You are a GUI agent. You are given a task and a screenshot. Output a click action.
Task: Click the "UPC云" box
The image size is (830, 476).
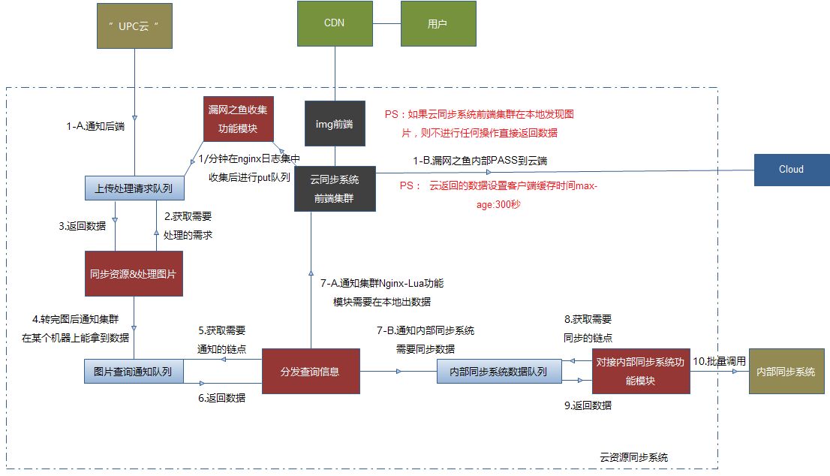pyautogui.click(x=135, y=26)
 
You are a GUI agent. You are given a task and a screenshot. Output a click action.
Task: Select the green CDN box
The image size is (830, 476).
pyautogui.click(x=334, y=23)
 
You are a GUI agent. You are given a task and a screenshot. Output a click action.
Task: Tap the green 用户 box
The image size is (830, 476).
pyautogui.click(x=438, y=23)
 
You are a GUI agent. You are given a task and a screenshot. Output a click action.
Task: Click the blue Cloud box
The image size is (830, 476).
pyautogui.click(x=791, y=170)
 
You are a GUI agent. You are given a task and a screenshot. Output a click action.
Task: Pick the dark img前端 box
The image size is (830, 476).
pyautogui.click(x=335, y=123)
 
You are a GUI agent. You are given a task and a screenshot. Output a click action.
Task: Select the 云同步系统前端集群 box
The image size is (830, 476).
pyautogui.click(x=335, y=188)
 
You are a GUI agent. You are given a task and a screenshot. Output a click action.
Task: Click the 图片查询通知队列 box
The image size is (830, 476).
pyautogui.click(x=134, y=372)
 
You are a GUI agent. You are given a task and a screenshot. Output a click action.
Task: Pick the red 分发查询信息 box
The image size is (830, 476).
pyautogui.click(x=310, y=372)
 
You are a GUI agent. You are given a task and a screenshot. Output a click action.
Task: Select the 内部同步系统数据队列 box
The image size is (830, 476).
pyautogui.click(x=499, y=372)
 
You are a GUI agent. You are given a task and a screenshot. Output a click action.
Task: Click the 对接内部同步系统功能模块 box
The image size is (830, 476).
pyautogui.click(x=640, y=371)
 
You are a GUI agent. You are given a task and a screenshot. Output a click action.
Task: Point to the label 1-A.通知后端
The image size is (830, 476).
pyautogui.click(x=95, y=126)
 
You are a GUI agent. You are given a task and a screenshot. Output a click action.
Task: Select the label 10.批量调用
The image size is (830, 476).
pyautogui.click(x=720, y=361)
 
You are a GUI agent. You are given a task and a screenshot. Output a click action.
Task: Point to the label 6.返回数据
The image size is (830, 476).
pyautogui.click(x=222, y=399)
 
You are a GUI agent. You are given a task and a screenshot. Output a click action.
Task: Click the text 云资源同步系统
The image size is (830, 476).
pyautogui.click(x=633, y=456)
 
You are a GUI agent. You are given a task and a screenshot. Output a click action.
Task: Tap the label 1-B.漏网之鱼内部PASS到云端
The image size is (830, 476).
pyautogui.click(x=480, y=161)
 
